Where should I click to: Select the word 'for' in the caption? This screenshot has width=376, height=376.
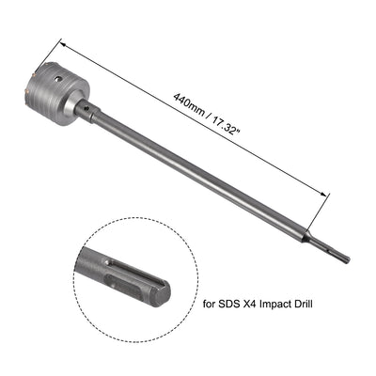click(212, 304)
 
